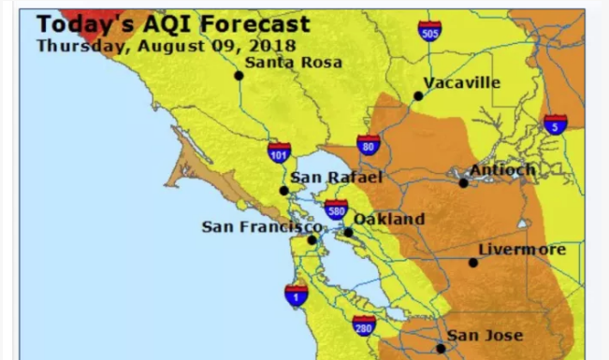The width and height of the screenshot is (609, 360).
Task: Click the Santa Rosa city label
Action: click(x=293, y=63)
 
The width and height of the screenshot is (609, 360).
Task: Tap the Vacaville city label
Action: click(x=461, y=83)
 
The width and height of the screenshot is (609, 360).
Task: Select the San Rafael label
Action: click(x=324, y=177)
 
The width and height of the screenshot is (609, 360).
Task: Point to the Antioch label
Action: click(x=502, y=169)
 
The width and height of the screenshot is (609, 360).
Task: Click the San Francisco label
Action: click(x=261, y=226)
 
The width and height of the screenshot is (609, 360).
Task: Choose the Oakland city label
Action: click(x=388, y=219)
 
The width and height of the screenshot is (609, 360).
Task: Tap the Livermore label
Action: click(x=521, y=250)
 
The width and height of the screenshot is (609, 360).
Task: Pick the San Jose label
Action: click(x=484, y=335)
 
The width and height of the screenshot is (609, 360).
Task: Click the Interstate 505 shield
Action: click(x=429, y=32)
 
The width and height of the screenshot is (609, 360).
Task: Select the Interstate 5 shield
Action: click(x=555, y=123)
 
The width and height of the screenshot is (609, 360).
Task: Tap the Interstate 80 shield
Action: click(x=368, y=145)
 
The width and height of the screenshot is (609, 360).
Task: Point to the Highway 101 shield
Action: click(x=279, y=151)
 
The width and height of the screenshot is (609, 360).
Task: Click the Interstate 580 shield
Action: click(x=336, y=209)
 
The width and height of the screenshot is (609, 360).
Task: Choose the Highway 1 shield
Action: click(x=296, y=295)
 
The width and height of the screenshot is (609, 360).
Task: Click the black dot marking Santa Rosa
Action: click(x=239, y=76)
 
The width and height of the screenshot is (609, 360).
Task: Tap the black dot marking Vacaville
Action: click(x=418, y=95)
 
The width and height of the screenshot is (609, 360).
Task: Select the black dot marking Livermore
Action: click(x=473, y=263)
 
